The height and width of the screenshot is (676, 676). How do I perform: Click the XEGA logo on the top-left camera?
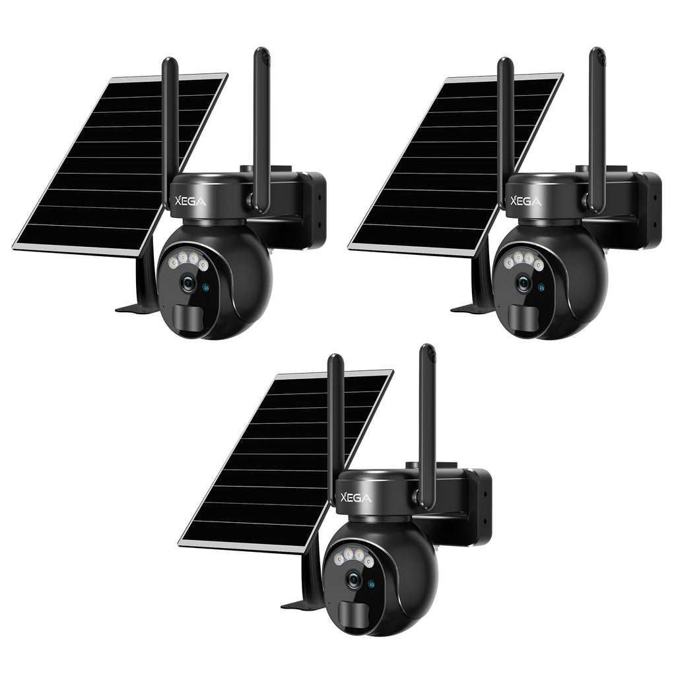coord(190,201)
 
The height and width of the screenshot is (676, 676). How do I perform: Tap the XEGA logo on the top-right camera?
coord(526,201)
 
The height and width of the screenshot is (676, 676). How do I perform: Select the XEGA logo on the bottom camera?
coord(356,498)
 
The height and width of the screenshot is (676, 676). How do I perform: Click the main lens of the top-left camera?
coord(188,283)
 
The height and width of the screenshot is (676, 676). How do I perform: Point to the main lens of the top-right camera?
coord(524,283)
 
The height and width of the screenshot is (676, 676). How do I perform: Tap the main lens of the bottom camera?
coord(354,580)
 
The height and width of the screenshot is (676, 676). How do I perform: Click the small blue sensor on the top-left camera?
coord(206,287)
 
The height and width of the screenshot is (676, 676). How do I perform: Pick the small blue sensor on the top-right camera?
coord(541,287)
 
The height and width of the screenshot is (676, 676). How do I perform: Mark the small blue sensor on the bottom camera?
coord(372,583)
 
